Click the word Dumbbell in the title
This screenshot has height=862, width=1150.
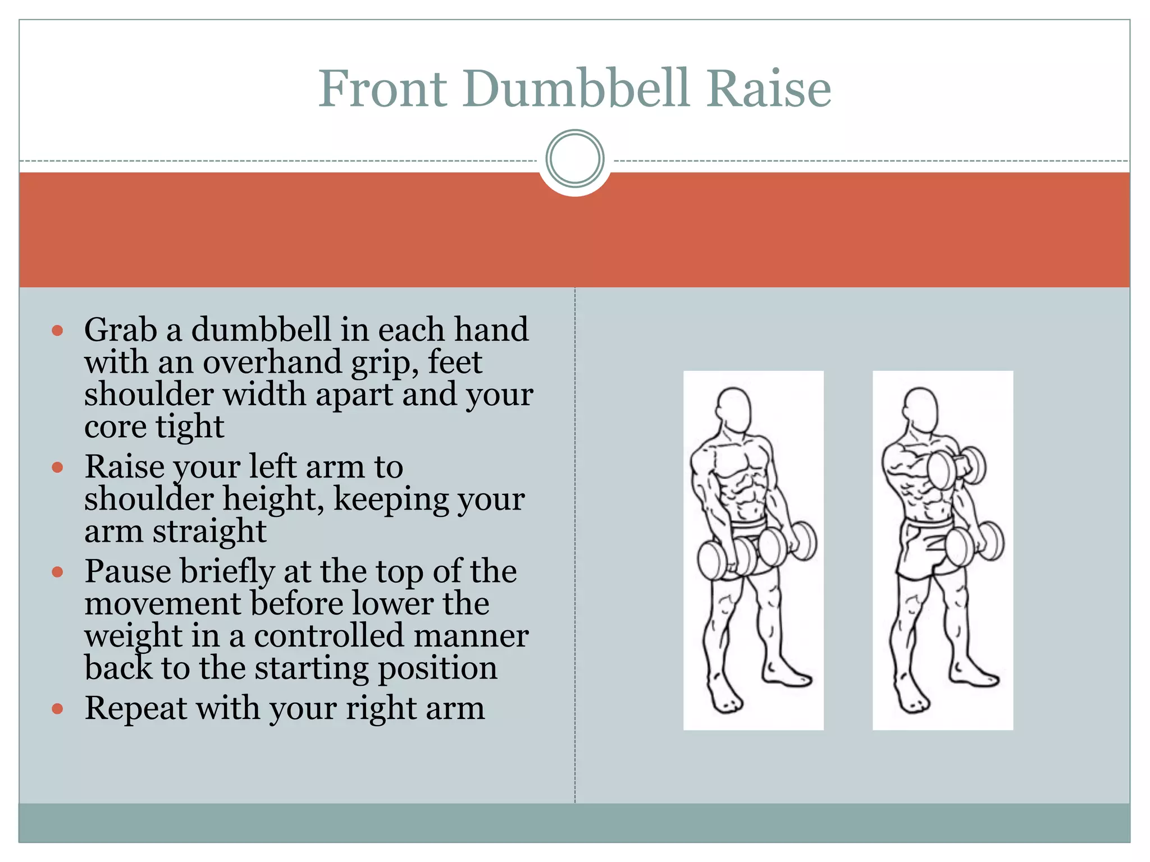tap(576, 89)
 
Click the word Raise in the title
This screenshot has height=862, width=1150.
tap(769, 89)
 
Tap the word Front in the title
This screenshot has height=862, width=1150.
tap(383, 89)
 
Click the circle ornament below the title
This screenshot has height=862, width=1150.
tap(574, 159)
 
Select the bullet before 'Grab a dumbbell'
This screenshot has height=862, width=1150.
tap(57, 330)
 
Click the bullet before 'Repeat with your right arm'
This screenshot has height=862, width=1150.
tap(57, 709)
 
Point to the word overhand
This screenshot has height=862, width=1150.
tap(272, 362)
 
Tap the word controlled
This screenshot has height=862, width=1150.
tap(328, 636)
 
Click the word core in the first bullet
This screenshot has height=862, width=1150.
tap(115, 427)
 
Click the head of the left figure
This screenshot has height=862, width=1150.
tap(734, 409)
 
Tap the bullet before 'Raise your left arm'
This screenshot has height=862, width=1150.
tap(57, 467)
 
